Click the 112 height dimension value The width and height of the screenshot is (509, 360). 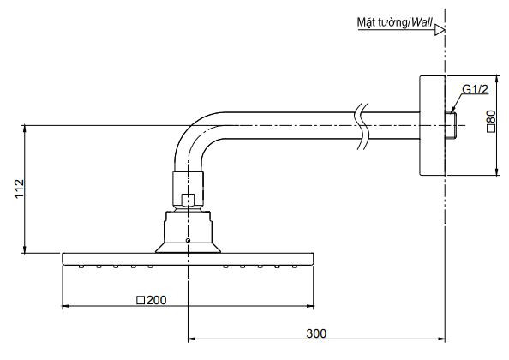(18, 189)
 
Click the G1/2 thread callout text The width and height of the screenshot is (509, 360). (475, 89)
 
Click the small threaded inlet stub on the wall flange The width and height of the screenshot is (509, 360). (451, 125)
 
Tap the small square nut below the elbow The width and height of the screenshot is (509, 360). (188, 201)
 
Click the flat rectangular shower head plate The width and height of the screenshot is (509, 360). (188, 258)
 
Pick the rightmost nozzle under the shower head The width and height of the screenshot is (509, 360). (295, 266)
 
